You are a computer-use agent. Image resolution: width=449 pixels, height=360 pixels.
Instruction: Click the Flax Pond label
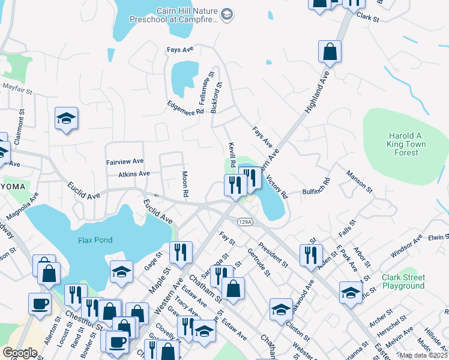[x=95, y=240]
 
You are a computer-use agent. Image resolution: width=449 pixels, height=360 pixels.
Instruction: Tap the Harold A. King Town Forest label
[x=406, y=145]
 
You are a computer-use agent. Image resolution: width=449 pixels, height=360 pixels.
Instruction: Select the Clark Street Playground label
[x=403, y=281]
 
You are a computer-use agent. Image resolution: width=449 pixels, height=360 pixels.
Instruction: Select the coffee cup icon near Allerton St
[x=41, y=303]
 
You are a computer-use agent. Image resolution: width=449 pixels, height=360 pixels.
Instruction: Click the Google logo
[x=20, y=352]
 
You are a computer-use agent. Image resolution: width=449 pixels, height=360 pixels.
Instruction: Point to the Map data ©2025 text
[x=423, y=355]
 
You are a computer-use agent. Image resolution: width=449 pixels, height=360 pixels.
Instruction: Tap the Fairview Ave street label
[x=125, y=161]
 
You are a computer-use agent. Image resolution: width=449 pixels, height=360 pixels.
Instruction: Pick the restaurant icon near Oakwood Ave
[x=311, y=254]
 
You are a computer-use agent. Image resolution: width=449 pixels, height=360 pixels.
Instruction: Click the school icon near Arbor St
[x=351, y=292]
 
